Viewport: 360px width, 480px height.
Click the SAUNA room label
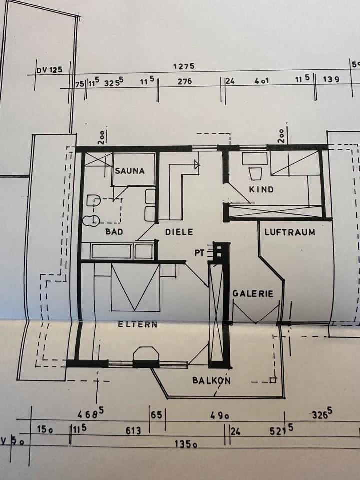pyautogui.click(x=130, y=171)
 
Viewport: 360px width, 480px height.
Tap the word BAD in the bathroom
pyautogui.click(x=114, y=232)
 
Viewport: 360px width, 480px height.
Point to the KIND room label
pyautogui.click(x=261, y=190)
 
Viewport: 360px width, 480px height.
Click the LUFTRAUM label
pyautogui.click(x=290, y=232)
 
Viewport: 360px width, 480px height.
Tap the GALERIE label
pyautogui.click(x=253, y=294)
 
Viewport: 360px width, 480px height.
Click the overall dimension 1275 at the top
pyautogui.click(x=183, y=66)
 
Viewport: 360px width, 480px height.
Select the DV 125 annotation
pyautogui.click(x=49, y=69)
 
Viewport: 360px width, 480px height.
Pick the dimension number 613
pyautogui.click(x=133, y=430)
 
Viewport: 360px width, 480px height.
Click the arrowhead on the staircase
pyautogui.click(x=196, y=164)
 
